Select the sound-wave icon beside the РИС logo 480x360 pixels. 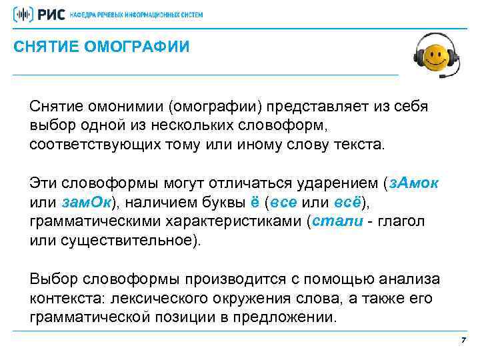tap(24, 14)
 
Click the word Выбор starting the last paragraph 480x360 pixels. tap(53, 278)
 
